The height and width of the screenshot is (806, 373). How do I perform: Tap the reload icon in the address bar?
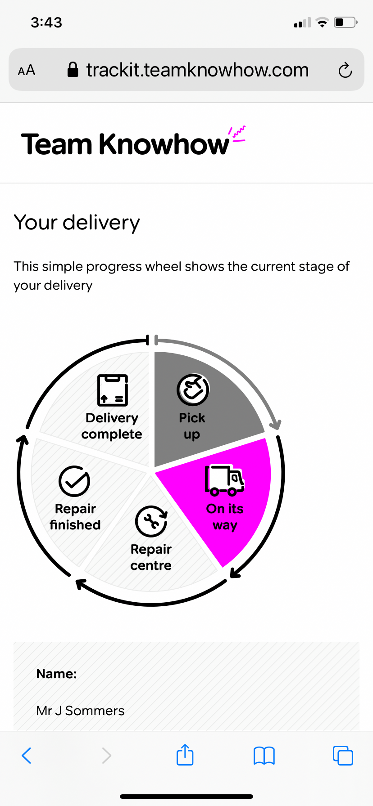pyautogui.click(x=345, y=70)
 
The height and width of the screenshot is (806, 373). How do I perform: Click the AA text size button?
pyautogui.click(x=27, y=70)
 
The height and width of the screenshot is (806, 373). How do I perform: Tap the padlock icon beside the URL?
pyautogui.click(x=73, y=69)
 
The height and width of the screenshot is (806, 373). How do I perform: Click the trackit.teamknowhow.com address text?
pyautogui.click(x=197, y=70)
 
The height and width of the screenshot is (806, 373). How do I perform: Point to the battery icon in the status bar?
pyautogui.click(x=346, y=22)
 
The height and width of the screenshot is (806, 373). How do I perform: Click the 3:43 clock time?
pyautogui.click(x=46, y=22)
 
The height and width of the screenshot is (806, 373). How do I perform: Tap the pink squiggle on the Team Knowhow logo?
pyautogui.click(x=237, y=134)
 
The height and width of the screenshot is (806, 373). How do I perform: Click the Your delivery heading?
pyautogui.click(x=77, y=222)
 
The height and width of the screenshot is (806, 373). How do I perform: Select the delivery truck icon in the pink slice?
pyautogui.click(x=225, y=480)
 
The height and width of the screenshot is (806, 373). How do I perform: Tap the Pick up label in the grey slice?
pyautogui.click(x=192, y=426)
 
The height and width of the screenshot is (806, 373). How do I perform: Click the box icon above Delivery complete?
pyautogui.click(x=113, y=390)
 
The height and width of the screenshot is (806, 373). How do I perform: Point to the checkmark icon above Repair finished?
pyautogui.click(x=74, y=481)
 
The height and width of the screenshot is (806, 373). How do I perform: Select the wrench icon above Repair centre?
pyautogui.click(x=151, y=521)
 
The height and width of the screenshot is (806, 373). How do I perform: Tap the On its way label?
pyautogui.click(x=225, y=517)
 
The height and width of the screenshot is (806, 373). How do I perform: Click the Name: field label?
pyautogui.click(x=57, y=673)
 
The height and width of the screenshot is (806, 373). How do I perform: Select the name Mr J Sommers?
pyautogui.click(x=80, y=711)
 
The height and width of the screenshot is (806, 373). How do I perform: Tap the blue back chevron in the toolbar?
pyautogui.click(x=27, y=756)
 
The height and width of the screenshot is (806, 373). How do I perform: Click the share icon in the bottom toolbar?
pyautogui.click(x=185, y=754)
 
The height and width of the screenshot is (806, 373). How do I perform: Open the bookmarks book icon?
pyautogui.click(x=264, y=756)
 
